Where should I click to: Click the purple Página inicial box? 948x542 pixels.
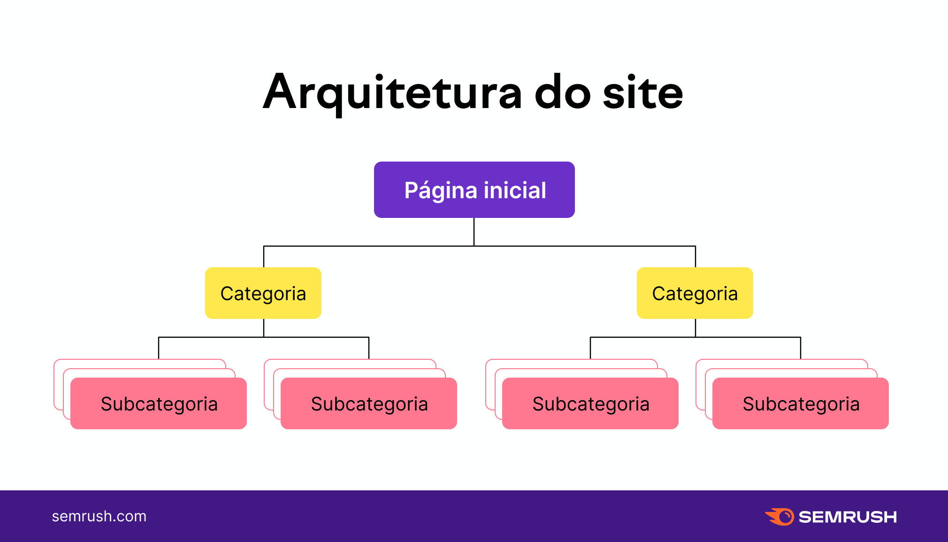[474, 189]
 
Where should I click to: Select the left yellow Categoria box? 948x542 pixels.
[263, 293]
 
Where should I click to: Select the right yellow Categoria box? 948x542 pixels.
[695, 293]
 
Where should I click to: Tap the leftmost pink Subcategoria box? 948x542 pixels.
[159, 403]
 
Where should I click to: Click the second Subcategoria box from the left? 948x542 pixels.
[369, 403]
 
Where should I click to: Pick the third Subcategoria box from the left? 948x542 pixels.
[590, 403]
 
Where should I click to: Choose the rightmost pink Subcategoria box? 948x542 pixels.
[801, 403]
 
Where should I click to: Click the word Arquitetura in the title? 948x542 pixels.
[392, 93]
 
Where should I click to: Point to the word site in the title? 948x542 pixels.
[642, 93]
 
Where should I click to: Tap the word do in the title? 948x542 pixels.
[562, 93]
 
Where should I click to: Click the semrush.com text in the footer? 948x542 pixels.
[99, 516]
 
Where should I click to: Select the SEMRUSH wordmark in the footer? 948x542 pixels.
[848, 517]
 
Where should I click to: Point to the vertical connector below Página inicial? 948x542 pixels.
[474, 232]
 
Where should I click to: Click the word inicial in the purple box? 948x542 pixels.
[515, 190]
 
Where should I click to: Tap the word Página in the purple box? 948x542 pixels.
[441, 190]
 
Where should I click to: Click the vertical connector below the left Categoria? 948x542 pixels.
[264, 328]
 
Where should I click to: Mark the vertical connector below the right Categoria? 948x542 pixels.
[696, 328]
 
